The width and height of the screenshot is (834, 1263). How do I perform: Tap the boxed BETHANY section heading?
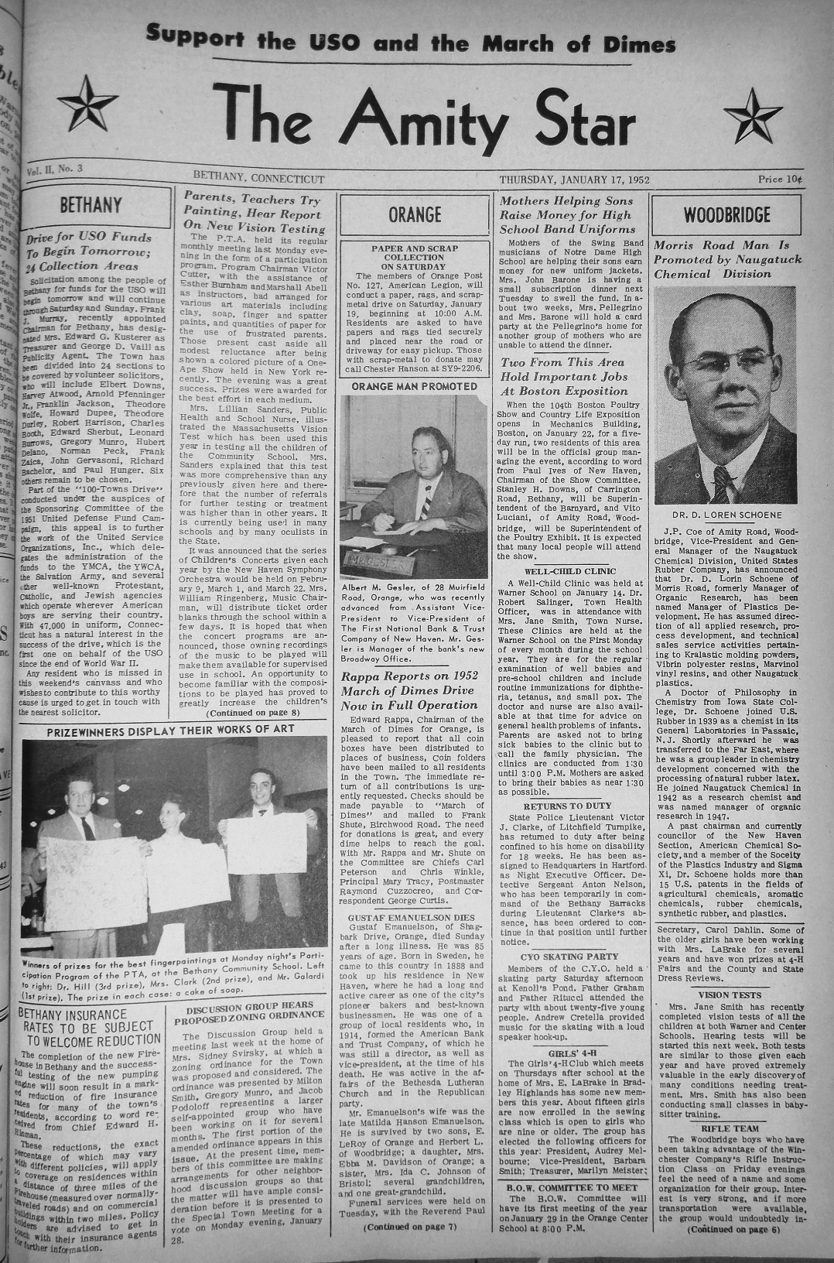91,205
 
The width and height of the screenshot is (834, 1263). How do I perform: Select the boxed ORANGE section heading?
415,214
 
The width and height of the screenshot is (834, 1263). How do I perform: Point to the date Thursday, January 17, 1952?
574,180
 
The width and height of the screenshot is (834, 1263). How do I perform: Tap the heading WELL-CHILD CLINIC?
569,570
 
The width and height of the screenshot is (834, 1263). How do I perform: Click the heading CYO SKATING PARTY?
571,957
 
